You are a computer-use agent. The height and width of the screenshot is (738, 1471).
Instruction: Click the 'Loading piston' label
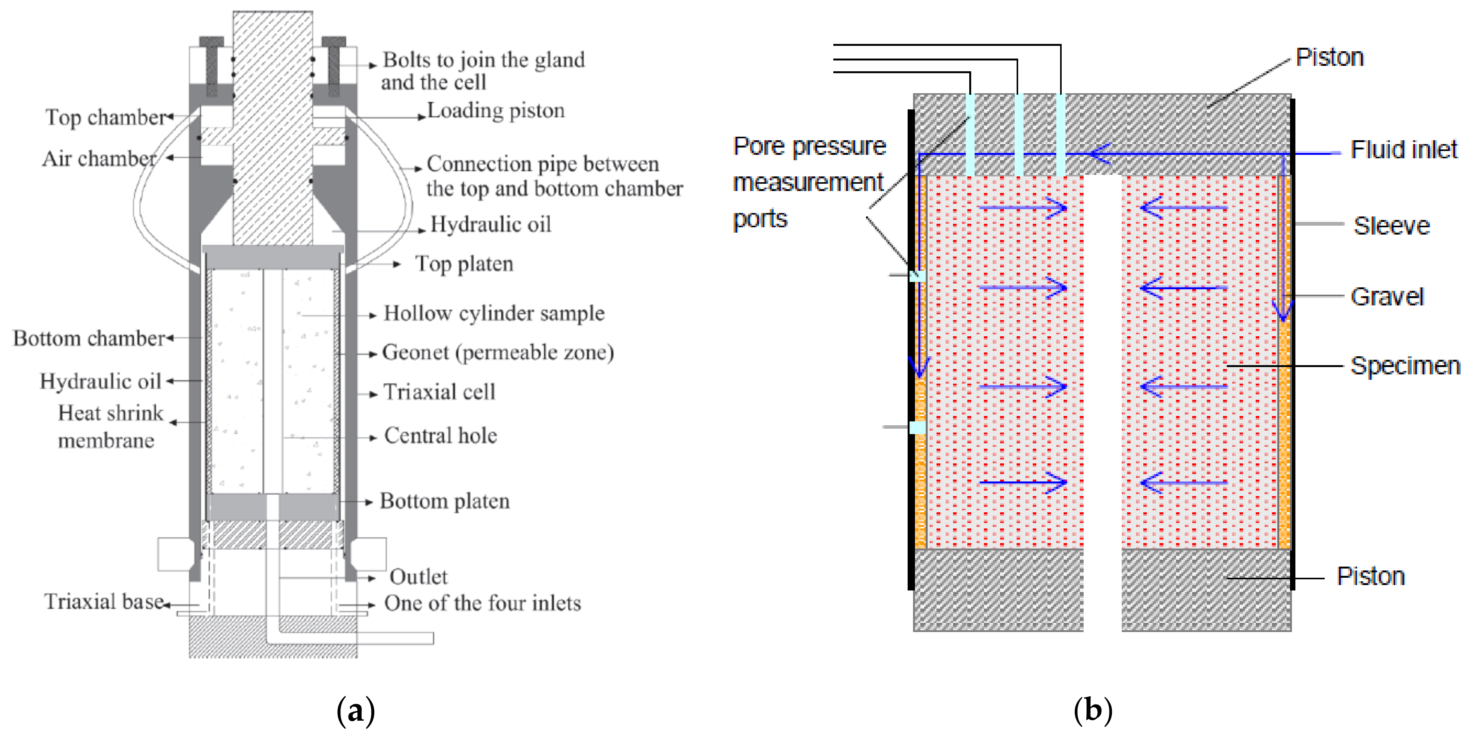click(x=496, y=110)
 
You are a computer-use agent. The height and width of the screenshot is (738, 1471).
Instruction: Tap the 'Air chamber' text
click(x=99, y=158)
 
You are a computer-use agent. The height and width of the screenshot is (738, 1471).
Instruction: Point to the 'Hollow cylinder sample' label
click(x=494, y=313)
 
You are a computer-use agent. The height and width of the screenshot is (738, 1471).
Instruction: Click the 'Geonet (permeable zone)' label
click(x=498, y=352)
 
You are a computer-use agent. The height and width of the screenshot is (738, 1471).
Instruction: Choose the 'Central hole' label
click(x=440, y=436)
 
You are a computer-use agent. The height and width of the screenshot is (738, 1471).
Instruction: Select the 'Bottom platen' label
click(x=445, y=501)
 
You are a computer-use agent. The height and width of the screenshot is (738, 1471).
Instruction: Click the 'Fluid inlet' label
click(x=1404, y=150)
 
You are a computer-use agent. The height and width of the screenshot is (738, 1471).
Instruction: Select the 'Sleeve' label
click(x=1392, y=226)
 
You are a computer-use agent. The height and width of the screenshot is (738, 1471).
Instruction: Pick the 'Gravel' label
click(x=1387, y=297)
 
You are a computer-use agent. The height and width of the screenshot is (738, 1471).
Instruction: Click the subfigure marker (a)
click(x=355, y=711)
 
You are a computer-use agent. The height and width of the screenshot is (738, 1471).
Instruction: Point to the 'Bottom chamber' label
click(x=89, y=338)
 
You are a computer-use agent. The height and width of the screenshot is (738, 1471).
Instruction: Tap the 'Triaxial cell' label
click(x=439, y=392)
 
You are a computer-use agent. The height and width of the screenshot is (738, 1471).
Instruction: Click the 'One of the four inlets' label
click(x=483, y=603)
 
